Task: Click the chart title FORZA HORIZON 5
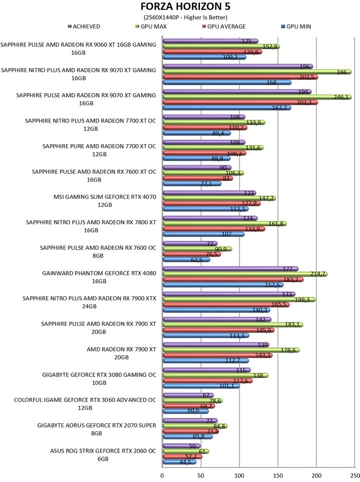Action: point(182,7)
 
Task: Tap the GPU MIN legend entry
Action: point(295,26)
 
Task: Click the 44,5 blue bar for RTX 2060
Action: point(180,462)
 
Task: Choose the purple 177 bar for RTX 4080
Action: point(230,269)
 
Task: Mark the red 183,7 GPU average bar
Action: point(232,279)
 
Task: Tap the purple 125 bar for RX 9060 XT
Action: point(210,41)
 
